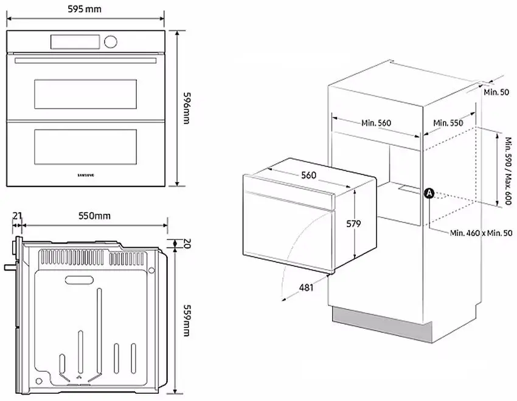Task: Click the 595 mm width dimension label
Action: (x=85, y=9)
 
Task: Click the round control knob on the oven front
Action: (x=110, y=41)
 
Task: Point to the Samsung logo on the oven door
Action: (x=89, y=174)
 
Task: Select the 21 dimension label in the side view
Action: (x=17, y=216)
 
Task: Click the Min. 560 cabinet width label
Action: (x=376, y=123)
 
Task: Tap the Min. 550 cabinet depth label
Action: (x=448, y=123)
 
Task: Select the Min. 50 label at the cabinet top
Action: (x=496, y=92)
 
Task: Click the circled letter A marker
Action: (x=428, y=193)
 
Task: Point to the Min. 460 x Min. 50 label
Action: (x=481, y=233)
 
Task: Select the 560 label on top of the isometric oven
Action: (x=308, y=175)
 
